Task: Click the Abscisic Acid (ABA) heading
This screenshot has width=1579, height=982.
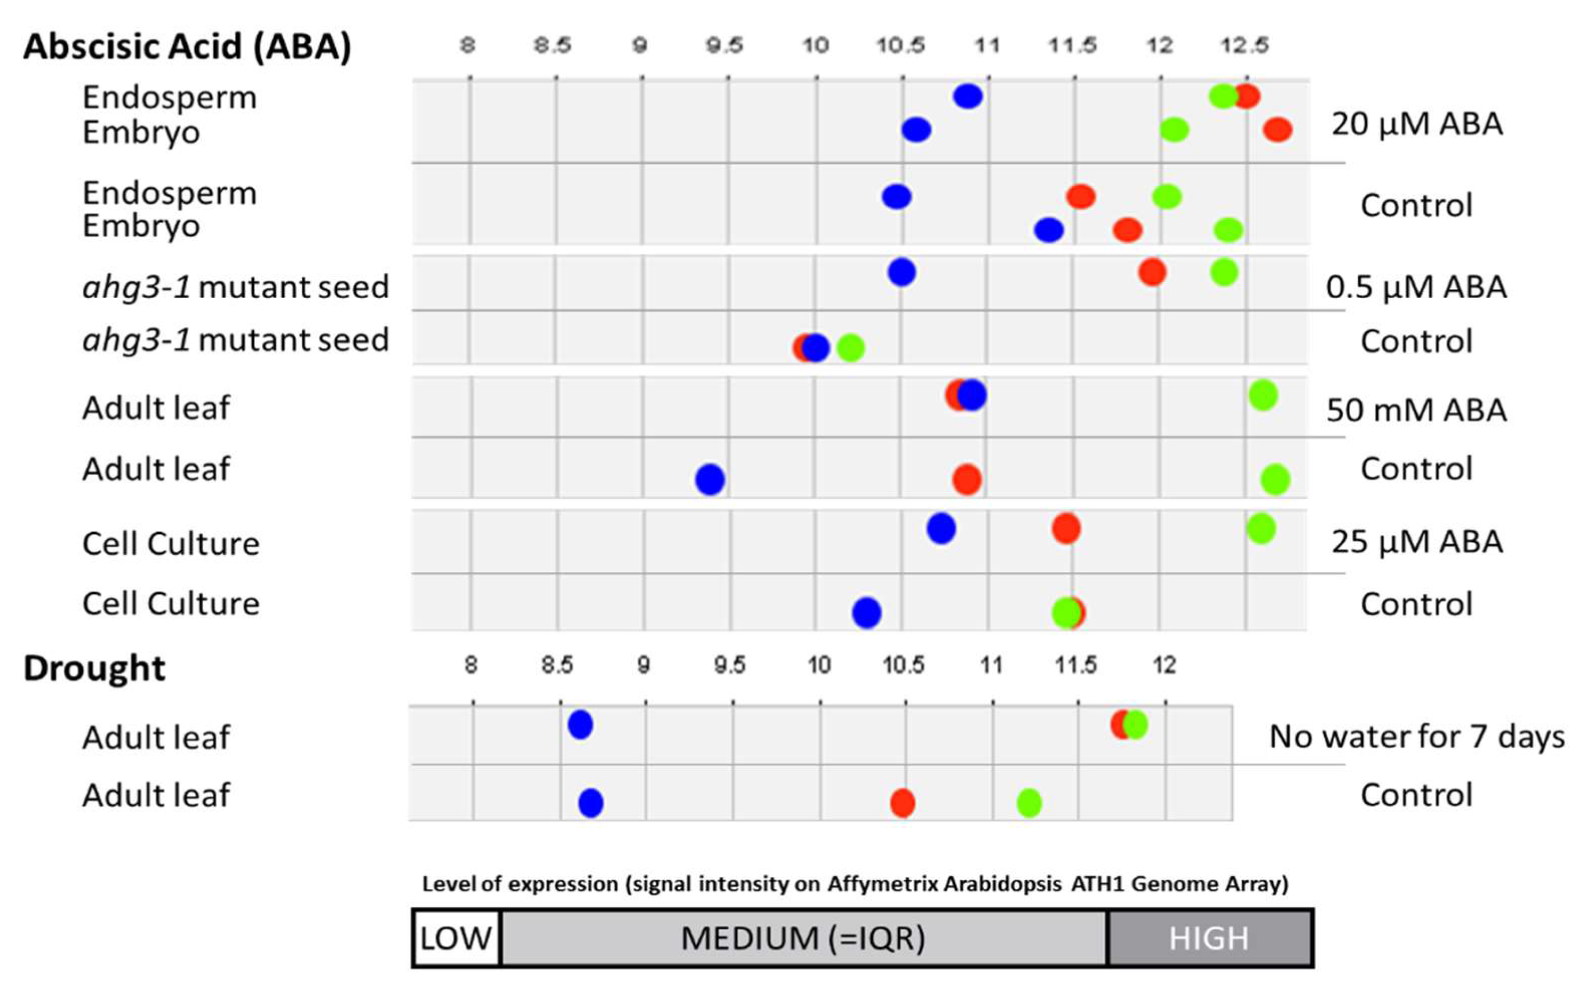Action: pos(187,47)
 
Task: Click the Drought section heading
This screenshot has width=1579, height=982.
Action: pos(94,668)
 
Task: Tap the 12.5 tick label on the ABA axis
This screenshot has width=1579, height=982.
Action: pos(1244,45)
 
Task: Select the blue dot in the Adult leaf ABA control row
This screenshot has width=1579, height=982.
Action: pos(709,480)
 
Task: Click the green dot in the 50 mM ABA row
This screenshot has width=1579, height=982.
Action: pos(1263,395)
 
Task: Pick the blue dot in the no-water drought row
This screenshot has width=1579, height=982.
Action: pos(580,724)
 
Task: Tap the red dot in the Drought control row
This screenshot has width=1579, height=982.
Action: pos(902,803)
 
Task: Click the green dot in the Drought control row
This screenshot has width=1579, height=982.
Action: pos(1029,803)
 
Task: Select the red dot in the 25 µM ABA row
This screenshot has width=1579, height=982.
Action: pos(1066,528)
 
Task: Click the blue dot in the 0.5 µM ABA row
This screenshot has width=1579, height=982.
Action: pos(902,272)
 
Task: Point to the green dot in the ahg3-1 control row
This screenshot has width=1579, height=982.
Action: pos(850,348)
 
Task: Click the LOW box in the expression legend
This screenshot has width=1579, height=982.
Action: pos(456,938)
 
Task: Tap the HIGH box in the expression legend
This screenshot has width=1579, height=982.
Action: pos(1209,938)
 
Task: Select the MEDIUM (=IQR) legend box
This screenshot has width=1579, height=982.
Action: pos(803,938)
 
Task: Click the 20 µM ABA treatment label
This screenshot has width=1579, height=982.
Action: pos(1417,124)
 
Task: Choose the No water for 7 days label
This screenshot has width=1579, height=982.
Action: pos(1416,737)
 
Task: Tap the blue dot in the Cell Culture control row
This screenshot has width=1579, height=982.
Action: pos(866,612)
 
